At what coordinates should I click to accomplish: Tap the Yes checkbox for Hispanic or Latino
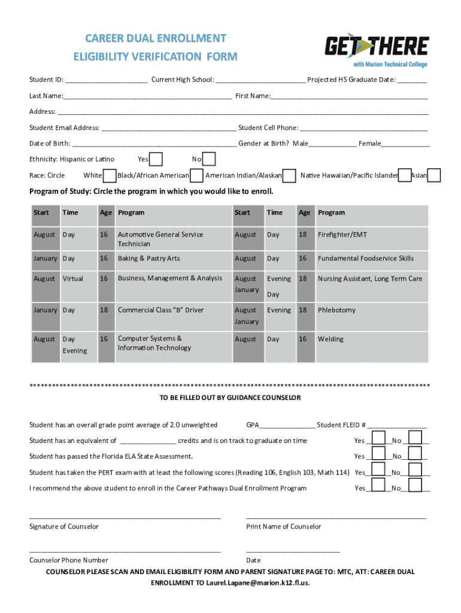(156, 159)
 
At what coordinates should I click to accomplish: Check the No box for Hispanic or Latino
(208, 159)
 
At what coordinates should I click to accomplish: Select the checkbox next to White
(110, 175)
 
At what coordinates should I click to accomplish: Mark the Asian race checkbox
(434, 175)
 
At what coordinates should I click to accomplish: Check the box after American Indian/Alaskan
(289, 175)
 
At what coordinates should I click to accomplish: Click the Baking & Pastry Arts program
(148, 259)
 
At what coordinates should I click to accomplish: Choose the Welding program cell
(330, 339)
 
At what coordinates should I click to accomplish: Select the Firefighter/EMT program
(342, 235)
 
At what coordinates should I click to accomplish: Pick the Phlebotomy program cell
(336, 310)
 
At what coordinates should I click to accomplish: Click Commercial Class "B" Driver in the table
(160, 310)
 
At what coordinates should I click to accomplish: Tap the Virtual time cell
(73, 278)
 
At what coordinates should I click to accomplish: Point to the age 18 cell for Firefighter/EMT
(303, 235)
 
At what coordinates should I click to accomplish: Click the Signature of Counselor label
(64, 527)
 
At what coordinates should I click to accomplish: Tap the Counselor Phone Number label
(69, 560)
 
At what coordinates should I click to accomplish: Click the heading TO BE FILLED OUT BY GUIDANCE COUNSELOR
(230, 397)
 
